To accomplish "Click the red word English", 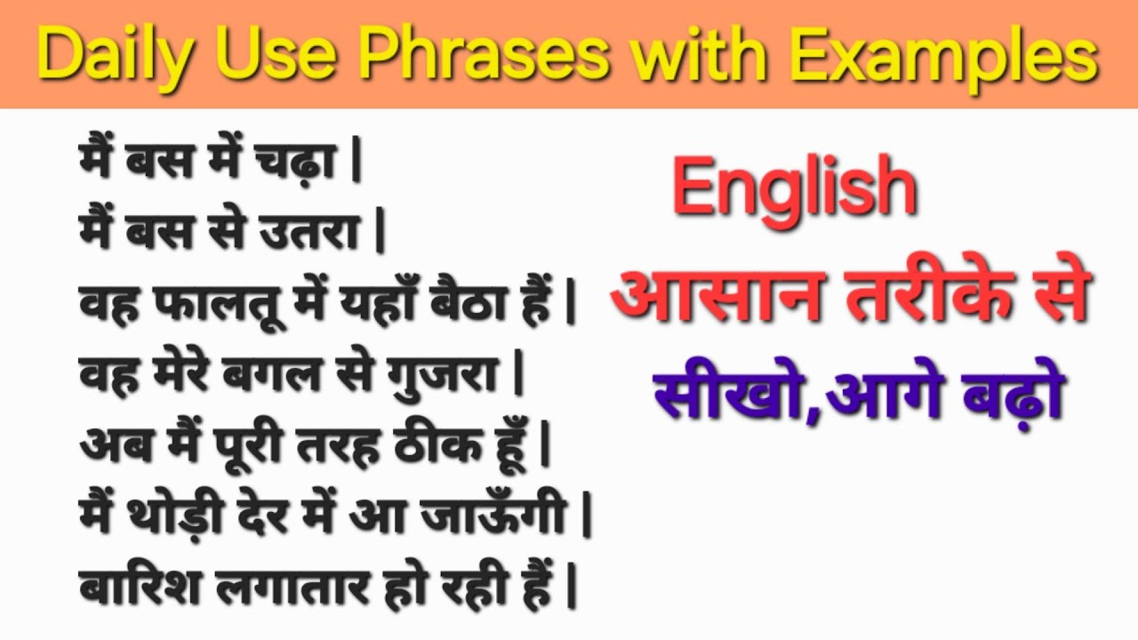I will pyautogui.click(x=794, y=188).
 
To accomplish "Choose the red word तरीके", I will pyautogui.click(x=928, y=297).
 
